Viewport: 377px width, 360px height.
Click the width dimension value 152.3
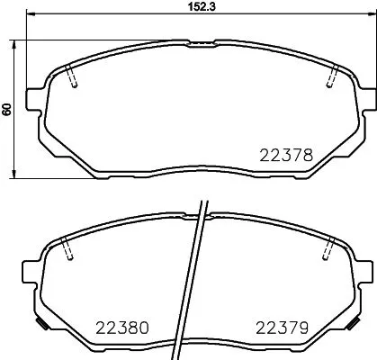[185, 6]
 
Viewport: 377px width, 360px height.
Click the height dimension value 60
[7, 109]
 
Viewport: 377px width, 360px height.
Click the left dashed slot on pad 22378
[74, 78]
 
